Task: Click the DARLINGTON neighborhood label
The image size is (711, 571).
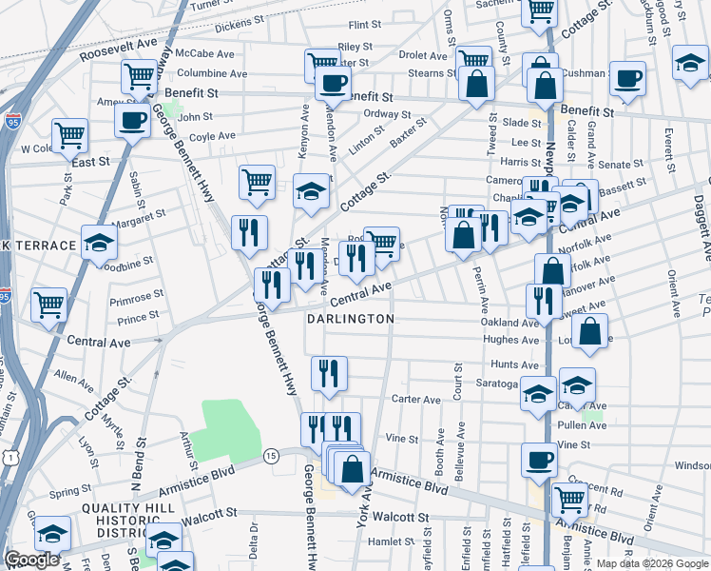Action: pyautogui.click(x=351, y=319)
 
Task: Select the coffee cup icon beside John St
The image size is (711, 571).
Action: pyautogui.click(x=132, y=121)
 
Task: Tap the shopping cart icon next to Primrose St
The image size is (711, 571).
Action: pyautogui.click(x=49, y=305)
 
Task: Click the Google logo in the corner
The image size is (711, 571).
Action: pyautogui.click(x=31, y=560)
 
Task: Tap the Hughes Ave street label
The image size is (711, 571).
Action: pyautogui.click(x=510, y=340)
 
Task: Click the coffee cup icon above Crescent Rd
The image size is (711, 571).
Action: pyautogui.click(x=539, y=460)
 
